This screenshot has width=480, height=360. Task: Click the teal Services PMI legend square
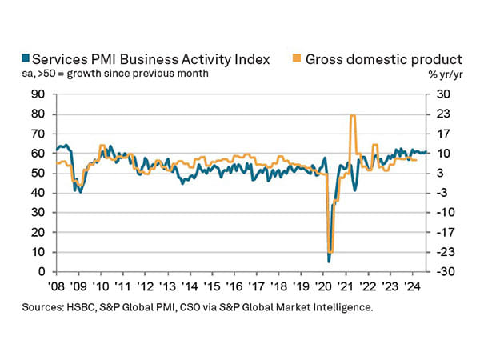pyautogui.click(x=25, y=58)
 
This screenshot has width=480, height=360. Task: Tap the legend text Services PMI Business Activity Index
pyautogui.click(x=145, y=58)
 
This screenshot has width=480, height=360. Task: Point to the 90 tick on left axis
pyautogui.click(x=36, y=94)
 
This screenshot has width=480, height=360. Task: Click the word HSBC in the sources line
pyautogui.click(x=96, y=306)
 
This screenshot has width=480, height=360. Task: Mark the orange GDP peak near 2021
pyautogui.click(x=352, y=116)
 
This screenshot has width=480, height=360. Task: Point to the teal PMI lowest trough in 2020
pyautogui.click(x=329, y=261)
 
